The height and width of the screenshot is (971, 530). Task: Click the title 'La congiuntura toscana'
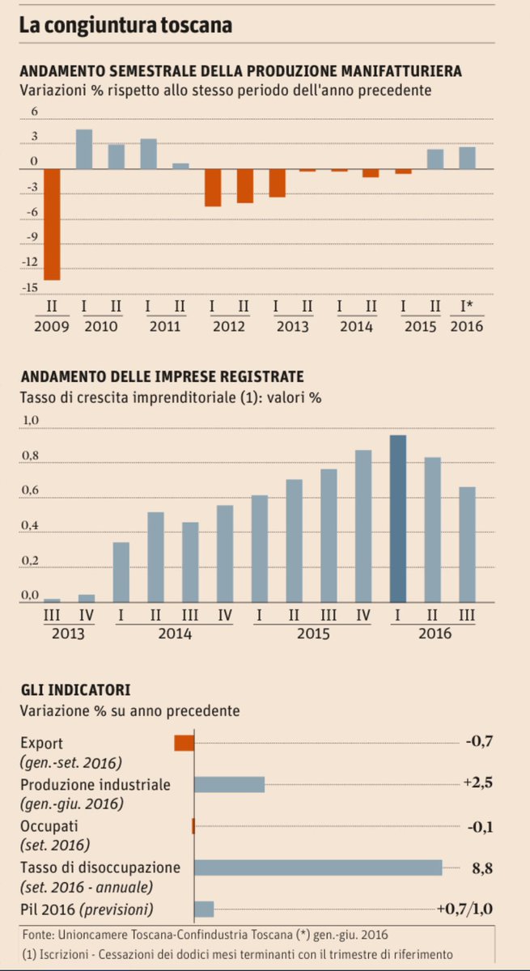[125, 25]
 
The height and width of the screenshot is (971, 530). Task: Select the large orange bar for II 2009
[52, 224]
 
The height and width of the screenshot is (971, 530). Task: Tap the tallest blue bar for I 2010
[84, 149]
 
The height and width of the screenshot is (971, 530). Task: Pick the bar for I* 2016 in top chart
[467, 158]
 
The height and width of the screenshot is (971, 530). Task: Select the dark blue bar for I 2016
[398, 519]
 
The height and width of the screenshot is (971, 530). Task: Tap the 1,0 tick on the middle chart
[30, 421]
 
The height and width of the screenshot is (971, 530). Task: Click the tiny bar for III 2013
[52, 600]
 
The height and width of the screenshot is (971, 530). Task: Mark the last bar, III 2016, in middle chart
[467, 545]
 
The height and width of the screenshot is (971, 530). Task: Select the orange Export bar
[184, 743]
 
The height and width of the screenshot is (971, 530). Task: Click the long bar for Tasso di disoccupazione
[318, 867]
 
